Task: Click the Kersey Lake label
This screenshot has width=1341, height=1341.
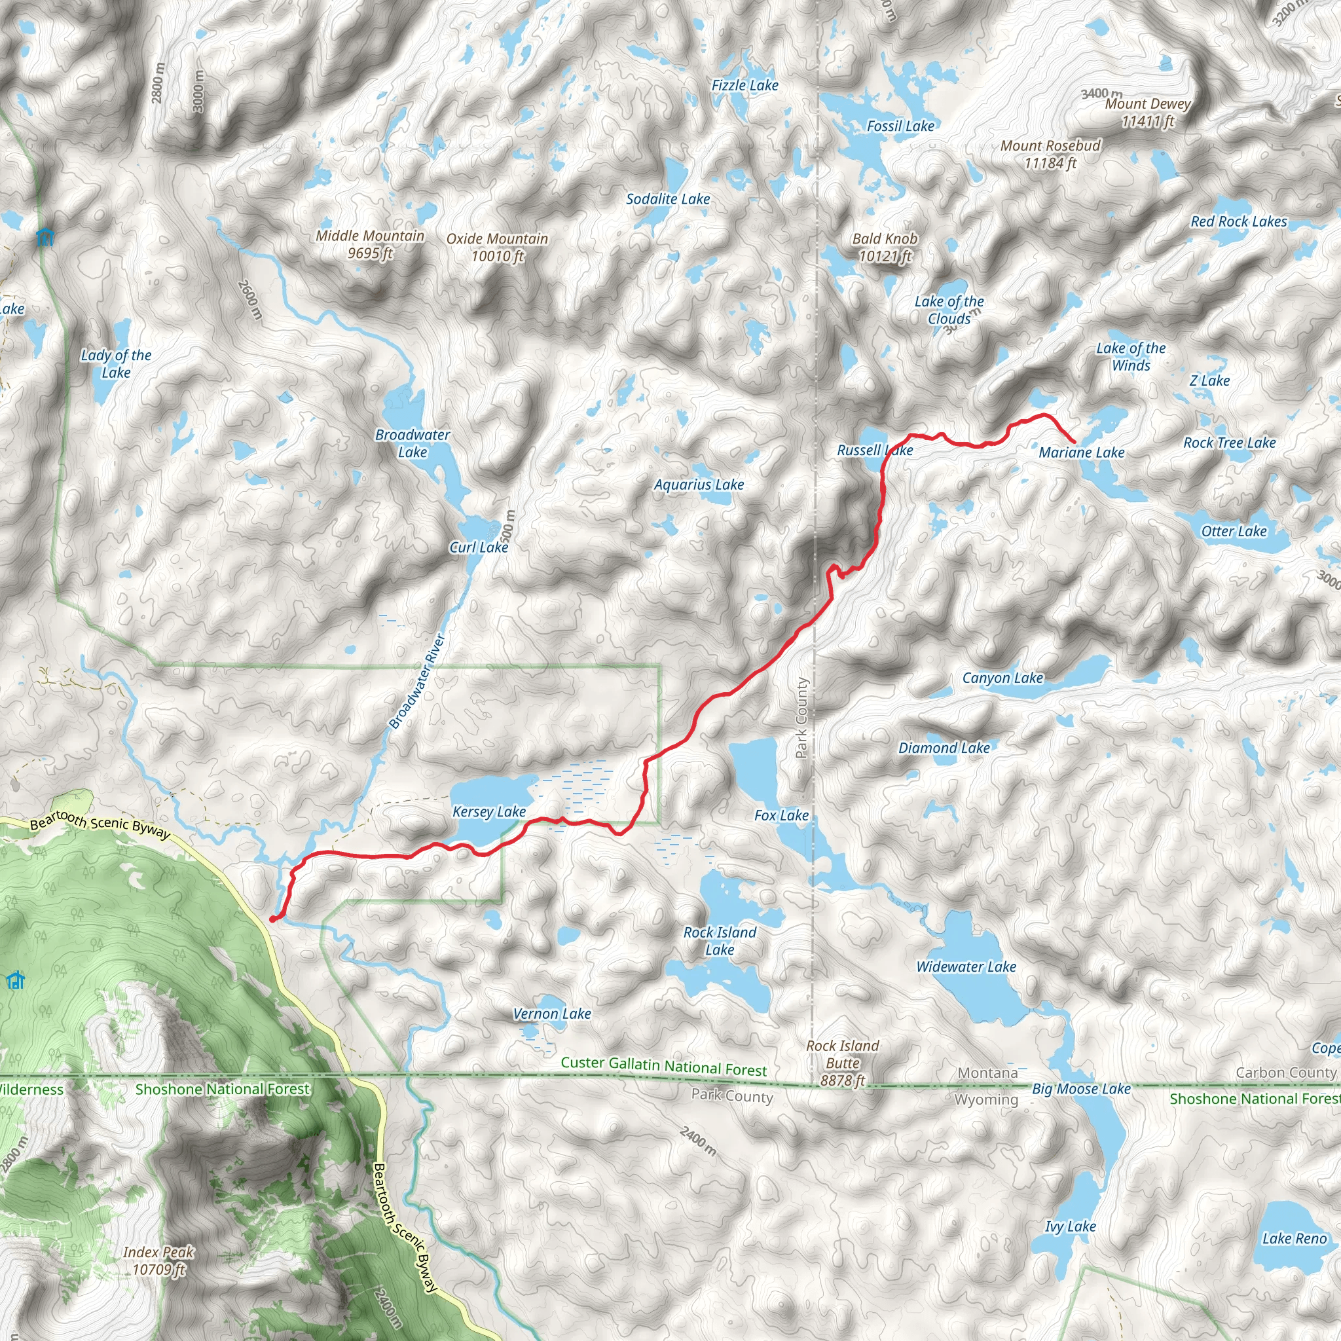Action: (488, 811)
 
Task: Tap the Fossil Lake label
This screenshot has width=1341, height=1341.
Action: (900, 126)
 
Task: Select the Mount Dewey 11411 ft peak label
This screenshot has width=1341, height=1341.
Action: (1147, 113)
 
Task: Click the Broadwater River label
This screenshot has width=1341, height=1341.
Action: (416, 681)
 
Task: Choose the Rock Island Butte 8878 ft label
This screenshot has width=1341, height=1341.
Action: (842, 1063)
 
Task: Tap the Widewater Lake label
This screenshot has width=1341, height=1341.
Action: (966, 967)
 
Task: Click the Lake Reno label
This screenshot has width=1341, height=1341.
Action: (1294, 1238)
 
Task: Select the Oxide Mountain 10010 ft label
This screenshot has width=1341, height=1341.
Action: (497, 247)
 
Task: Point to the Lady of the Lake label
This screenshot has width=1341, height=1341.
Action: (116, 363)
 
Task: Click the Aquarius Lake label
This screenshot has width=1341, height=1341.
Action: (699, 485)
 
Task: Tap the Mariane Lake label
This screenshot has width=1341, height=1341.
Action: (1082, 452)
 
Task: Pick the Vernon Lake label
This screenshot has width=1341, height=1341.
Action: (552, 1014)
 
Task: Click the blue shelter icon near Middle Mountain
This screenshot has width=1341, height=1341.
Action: (45, 238)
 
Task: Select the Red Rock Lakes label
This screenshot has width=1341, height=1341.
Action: (1238, 221)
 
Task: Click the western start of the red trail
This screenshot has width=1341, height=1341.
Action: (272, 920)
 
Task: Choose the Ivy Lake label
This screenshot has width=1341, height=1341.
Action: (1071, 1226)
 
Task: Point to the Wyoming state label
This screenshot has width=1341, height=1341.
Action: (985, 1099)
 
